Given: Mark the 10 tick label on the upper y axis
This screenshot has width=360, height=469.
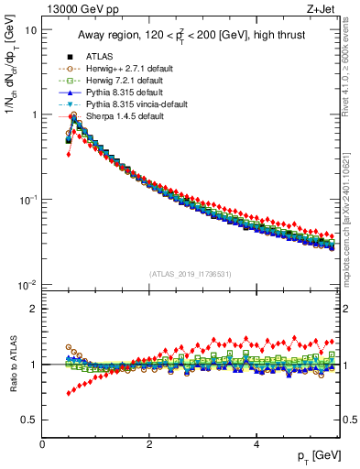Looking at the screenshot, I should [x=30, y=29].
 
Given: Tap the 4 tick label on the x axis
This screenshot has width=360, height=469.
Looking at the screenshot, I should [x=256, y=444].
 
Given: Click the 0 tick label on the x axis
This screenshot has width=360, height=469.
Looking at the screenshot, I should [x=42, y=444].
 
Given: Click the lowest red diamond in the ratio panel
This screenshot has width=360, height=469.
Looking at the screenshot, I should [x=68, y=393].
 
